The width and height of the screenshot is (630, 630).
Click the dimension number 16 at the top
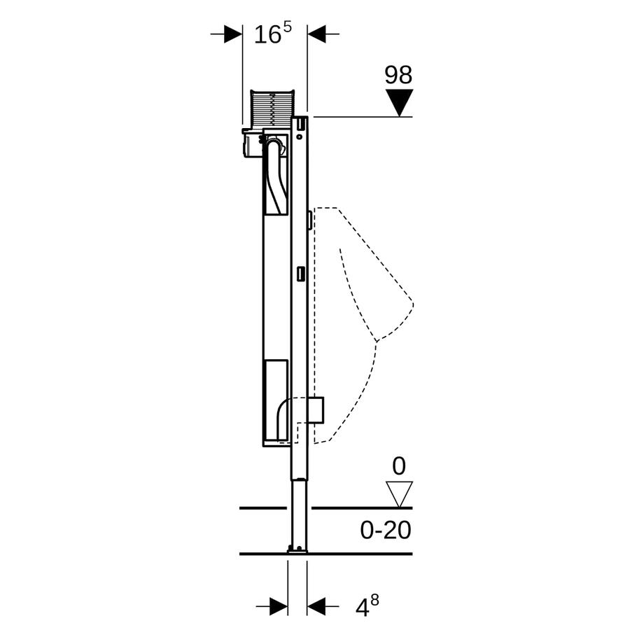267,34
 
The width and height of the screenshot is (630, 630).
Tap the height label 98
398,75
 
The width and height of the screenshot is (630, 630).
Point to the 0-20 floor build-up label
385,531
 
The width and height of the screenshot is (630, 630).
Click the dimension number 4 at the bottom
362,608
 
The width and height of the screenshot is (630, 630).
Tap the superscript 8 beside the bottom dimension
374,601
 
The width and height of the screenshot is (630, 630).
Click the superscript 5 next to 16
287,27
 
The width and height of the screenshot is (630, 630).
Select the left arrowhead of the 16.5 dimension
233,34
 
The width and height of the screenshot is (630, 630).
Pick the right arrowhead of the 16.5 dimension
316,34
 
